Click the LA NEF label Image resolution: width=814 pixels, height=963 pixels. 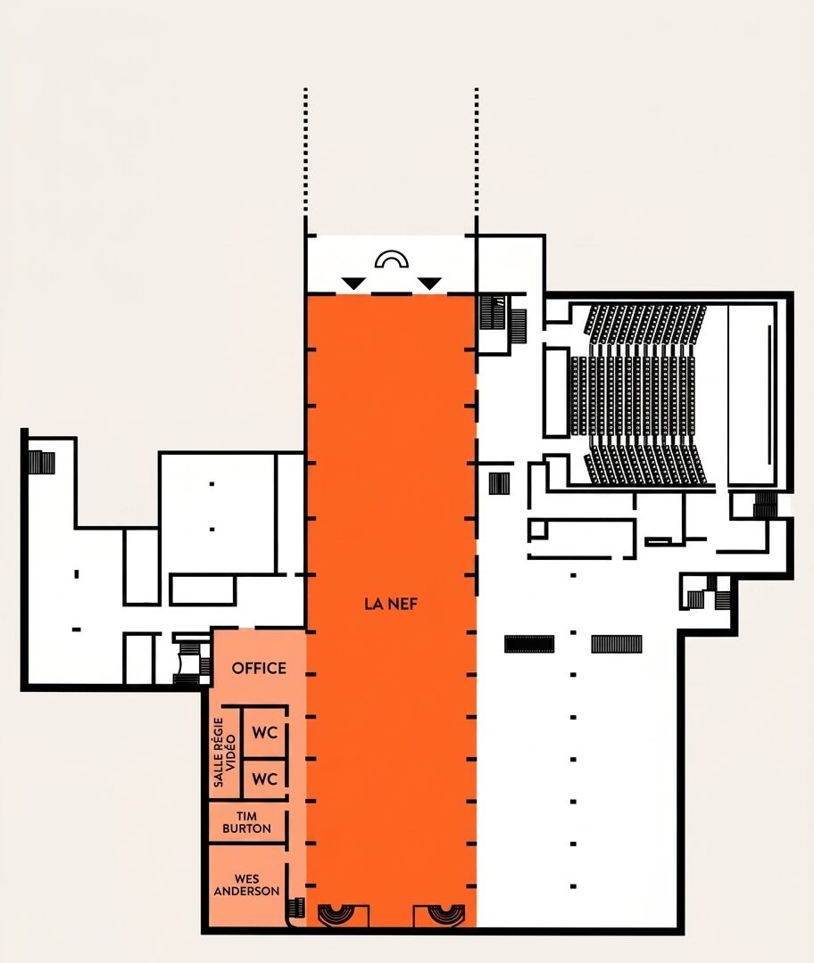click(391, 604)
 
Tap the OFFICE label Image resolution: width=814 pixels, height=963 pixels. click(259, 668)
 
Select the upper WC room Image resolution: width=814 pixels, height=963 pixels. click(264, 733)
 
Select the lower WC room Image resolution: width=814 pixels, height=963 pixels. click(264, 778)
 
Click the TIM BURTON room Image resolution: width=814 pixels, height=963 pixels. click(246, 822)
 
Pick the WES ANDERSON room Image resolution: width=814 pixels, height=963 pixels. click(246, 885)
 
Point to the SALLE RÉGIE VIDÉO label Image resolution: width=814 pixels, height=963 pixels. click(224, 753)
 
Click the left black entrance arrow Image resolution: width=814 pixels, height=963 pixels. click(354, 284)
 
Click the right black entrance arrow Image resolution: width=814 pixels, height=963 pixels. click(429, 284)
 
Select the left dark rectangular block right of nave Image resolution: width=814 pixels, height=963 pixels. click(529, 644)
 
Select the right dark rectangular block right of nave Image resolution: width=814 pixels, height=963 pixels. click(617, 644)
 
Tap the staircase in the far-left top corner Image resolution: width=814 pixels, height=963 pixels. click(41, 463)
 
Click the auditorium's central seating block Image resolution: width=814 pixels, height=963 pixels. click(633, 396)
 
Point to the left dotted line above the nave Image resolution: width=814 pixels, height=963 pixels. click(305, 152)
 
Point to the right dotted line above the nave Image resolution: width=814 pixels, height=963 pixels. click(477, 152)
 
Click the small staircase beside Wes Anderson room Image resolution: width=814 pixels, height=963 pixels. click(297, 908)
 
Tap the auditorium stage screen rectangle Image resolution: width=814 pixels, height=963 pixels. click(752, 396)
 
